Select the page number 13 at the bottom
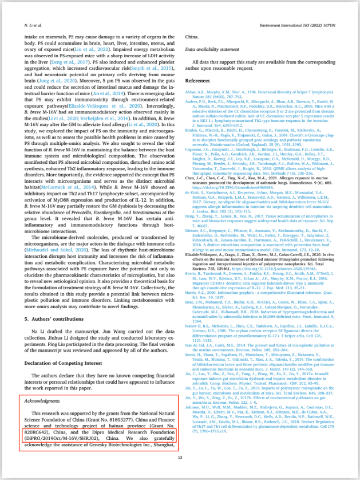coord(180,457)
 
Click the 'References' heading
coord(197,81)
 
